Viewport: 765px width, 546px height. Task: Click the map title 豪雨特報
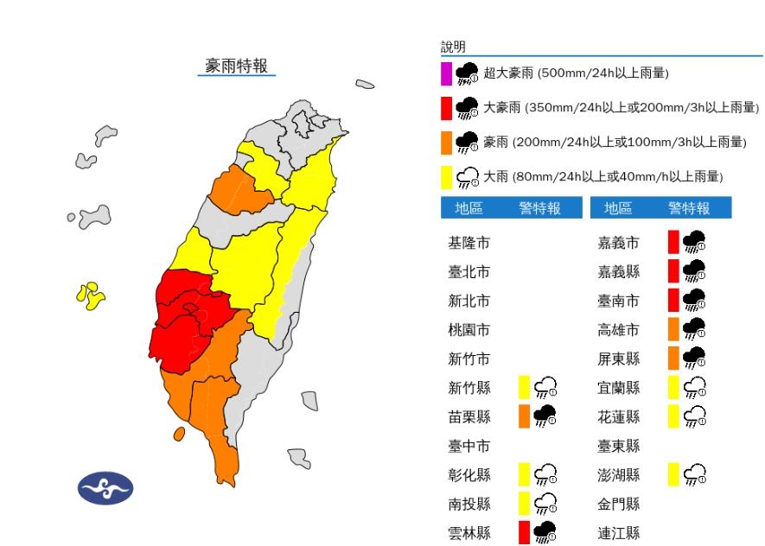coord(236,66)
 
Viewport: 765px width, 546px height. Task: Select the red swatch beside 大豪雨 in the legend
coord(446,108)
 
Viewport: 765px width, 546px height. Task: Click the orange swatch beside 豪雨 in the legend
coord(446,143)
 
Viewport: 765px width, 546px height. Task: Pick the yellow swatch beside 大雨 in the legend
coord(446,177)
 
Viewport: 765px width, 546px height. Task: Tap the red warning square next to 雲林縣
coord(524,532)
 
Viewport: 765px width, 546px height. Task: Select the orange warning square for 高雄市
coord(673,329)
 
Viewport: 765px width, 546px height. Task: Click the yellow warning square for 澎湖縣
coord(673,474)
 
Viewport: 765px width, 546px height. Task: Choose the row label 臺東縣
coord(619,446)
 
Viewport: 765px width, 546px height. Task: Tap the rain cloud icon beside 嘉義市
coord(694,243)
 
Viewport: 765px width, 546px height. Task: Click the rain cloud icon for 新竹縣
coord(545,387)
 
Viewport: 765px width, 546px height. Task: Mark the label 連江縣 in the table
coord(619,532)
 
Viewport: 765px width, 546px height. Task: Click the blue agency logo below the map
coord(105,489)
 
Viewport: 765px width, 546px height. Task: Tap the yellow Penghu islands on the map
coord(90,295)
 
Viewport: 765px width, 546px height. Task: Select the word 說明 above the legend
coord(453,47)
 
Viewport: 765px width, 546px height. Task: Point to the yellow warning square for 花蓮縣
coord(673,416)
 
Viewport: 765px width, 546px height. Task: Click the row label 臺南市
coord(619,301)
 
